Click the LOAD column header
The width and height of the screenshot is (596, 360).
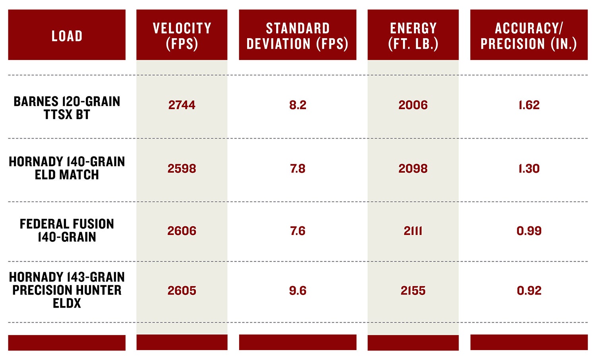click(67, 36)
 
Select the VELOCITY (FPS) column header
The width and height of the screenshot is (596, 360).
click(182, 36)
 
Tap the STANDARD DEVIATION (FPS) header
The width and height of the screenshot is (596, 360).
click(298, 36)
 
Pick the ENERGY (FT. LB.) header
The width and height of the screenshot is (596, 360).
click(413, 36)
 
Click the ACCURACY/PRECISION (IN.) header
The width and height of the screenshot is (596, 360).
click(529, 36)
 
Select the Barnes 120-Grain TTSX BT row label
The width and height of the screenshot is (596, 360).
click(67, 108)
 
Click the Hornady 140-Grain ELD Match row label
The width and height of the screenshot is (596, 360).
click(67, 168)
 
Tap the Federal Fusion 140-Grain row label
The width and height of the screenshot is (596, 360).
click(67, 231)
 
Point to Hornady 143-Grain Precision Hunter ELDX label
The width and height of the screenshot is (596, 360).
click(67, 290)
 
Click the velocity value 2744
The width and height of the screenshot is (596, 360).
click(182, 105)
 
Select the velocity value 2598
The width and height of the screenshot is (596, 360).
click(182, 169)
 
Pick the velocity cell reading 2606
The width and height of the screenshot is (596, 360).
click(182, 231)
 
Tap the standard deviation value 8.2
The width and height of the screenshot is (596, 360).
click(298, 105)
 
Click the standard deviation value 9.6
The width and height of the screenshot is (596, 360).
click(298, 291)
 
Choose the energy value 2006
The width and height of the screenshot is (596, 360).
click(413, 105)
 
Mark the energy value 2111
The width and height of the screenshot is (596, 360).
click(413, 231)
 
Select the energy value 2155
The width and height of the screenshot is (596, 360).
click(413, 291)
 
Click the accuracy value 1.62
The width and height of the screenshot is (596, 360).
click(529, 105)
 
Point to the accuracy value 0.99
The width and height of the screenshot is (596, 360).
click(529, 231)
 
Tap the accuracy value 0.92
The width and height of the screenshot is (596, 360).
click(529, 291)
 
